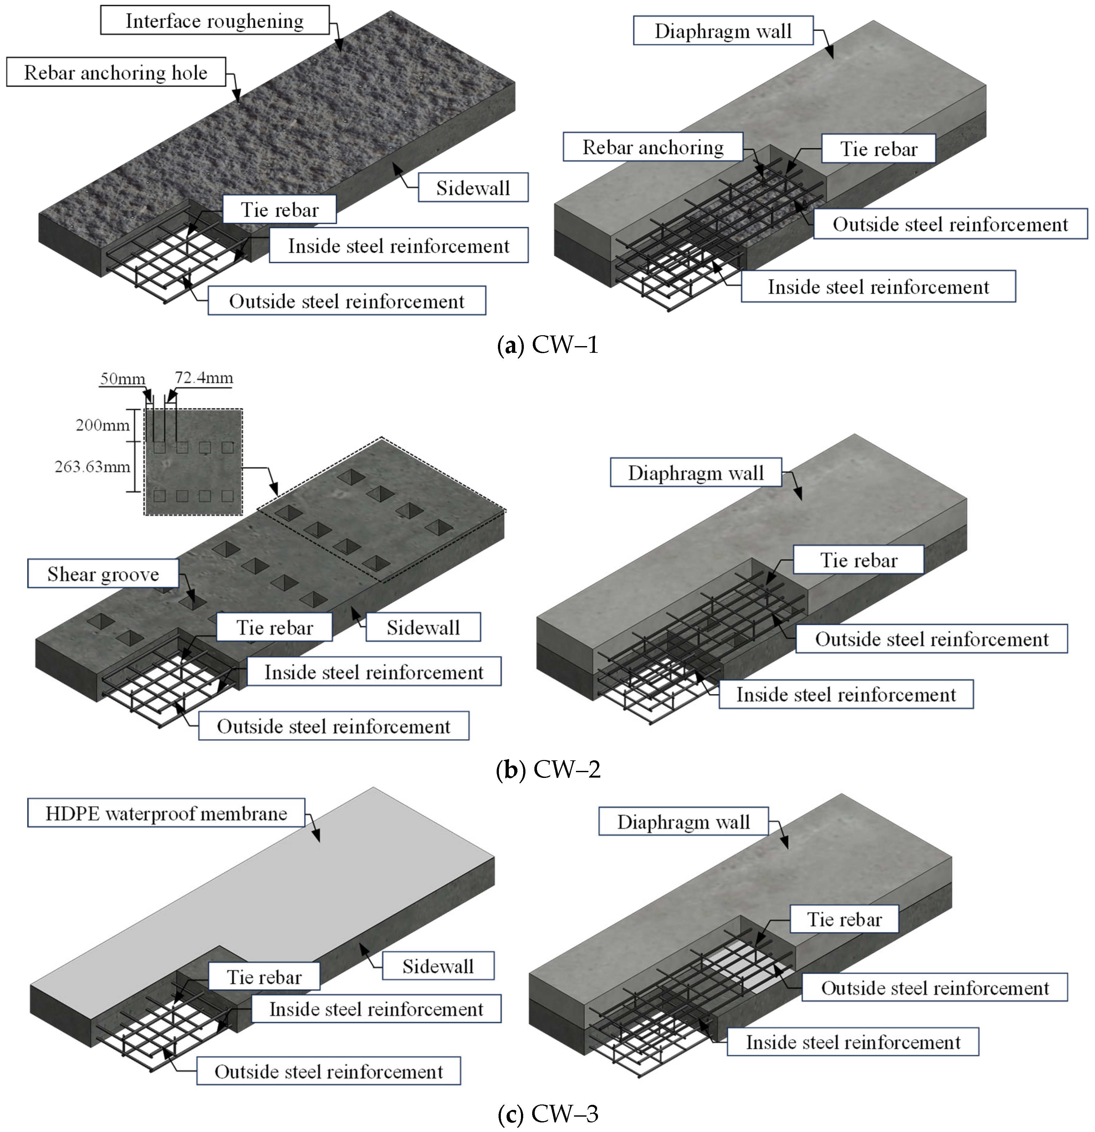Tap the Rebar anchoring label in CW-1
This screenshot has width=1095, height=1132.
tap(653, 147)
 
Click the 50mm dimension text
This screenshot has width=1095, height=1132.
tap(122, 379)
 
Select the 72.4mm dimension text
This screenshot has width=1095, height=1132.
tap(204, 378)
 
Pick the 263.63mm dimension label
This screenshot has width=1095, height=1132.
tap(92, 467)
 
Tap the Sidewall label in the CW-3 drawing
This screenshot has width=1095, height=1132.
tap(438, 966)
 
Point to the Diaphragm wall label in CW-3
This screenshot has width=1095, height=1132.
tap(683, 822)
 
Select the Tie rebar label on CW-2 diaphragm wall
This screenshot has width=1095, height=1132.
tap(858, 560)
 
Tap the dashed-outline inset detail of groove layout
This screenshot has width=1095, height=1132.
tap(193, 462)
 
